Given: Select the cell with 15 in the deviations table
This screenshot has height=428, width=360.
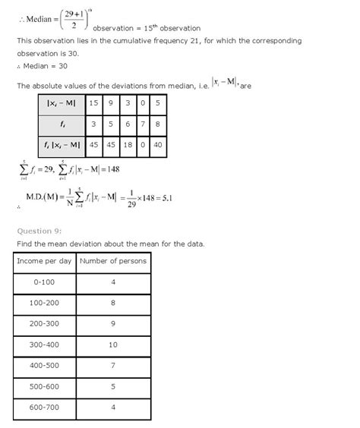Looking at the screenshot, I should (93, 102).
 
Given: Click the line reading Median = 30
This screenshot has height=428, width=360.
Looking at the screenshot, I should (43, 69).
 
